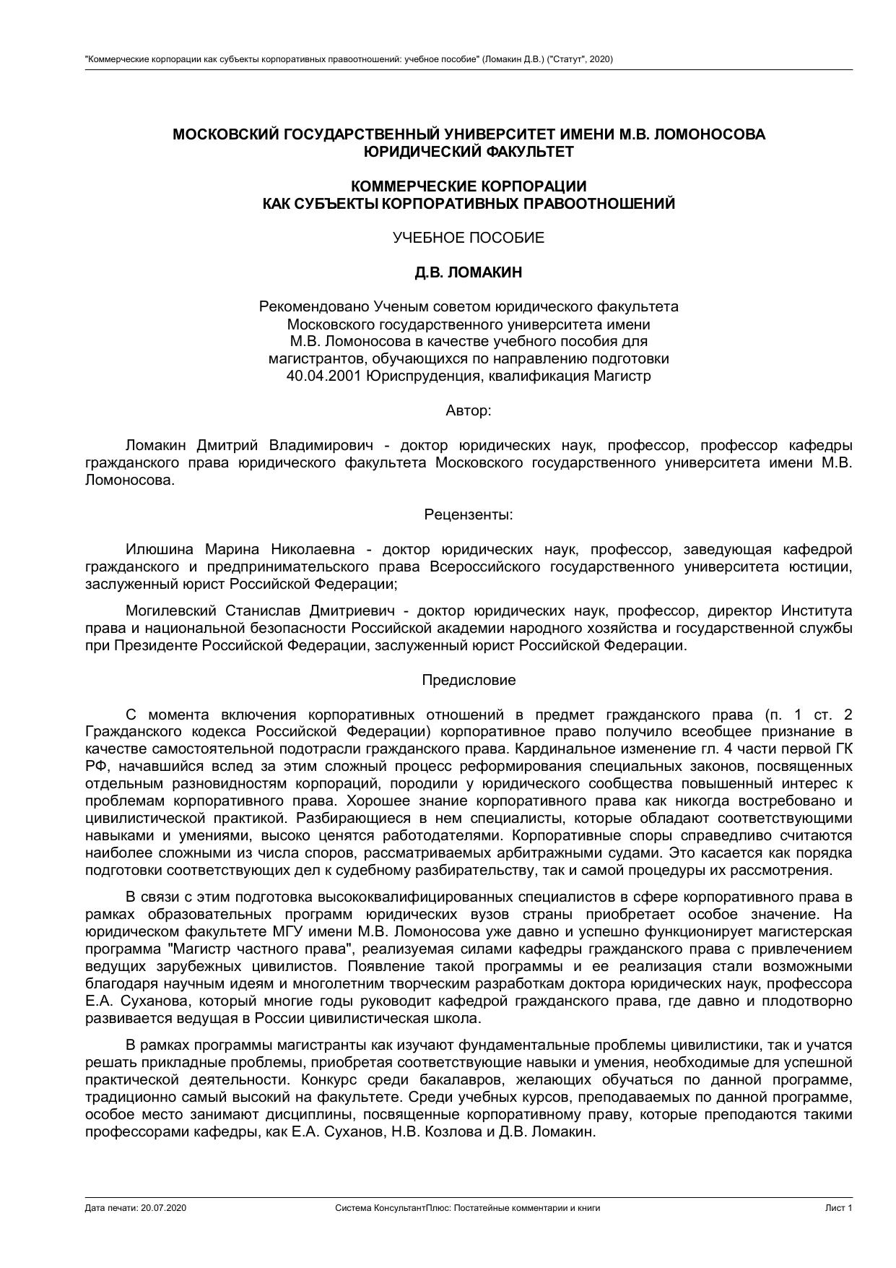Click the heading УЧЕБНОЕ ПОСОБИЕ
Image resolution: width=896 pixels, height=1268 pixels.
[468, 238]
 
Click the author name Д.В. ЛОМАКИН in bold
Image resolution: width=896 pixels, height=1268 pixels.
[468, 272]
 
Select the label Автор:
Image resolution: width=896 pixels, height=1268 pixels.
[468, 410]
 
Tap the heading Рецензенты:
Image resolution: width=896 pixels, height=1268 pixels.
[468, 514]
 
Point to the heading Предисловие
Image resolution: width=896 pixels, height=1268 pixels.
[468, 680]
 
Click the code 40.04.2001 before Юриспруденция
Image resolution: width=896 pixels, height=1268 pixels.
[323, 376]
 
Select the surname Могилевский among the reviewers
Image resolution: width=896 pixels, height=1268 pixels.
[170, 611]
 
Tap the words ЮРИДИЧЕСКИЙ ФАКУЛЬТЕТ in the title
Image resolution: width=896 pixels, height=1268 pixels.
[468, 152]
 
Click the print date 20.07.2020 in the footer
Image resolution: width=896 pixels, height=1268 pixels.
[164, 1208]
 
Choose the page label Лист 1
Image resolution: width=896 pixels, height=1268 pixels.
[839, 1208]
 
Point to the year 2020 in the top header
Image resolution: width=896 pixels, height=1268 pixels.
[599, 59]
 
